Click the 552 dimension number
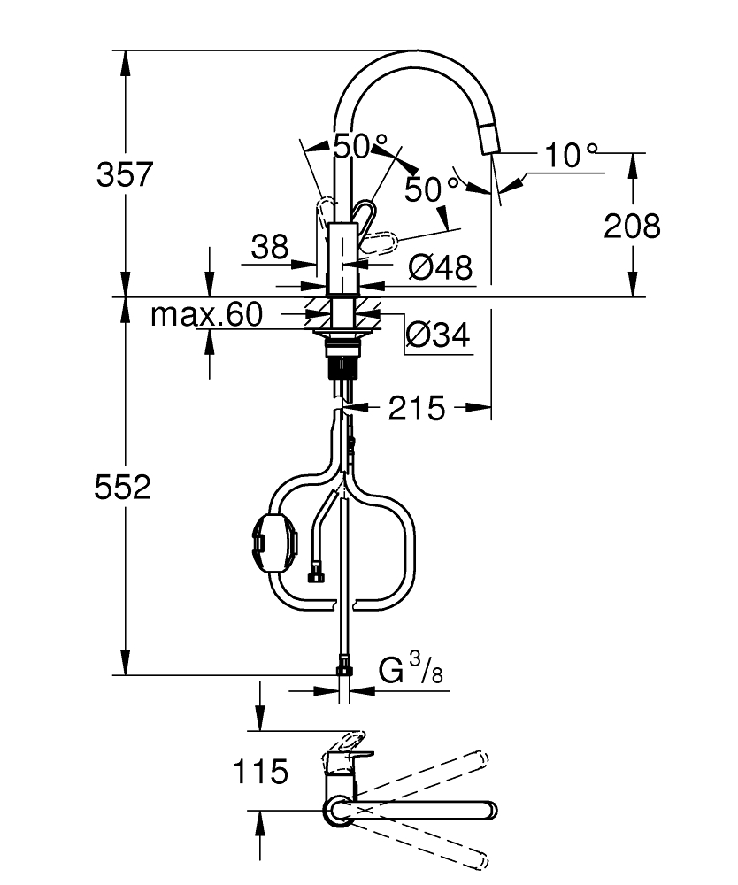[122, 487]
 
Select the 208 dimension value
[632, 226]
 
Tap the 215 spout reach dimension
[417, 408]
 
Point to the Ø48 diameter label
[441, 267]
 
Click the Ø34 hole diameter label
[438, 335]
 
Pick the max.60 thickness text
[206, 314]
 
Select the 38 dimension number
[270, 247]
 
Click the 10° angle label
[571, 154]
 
